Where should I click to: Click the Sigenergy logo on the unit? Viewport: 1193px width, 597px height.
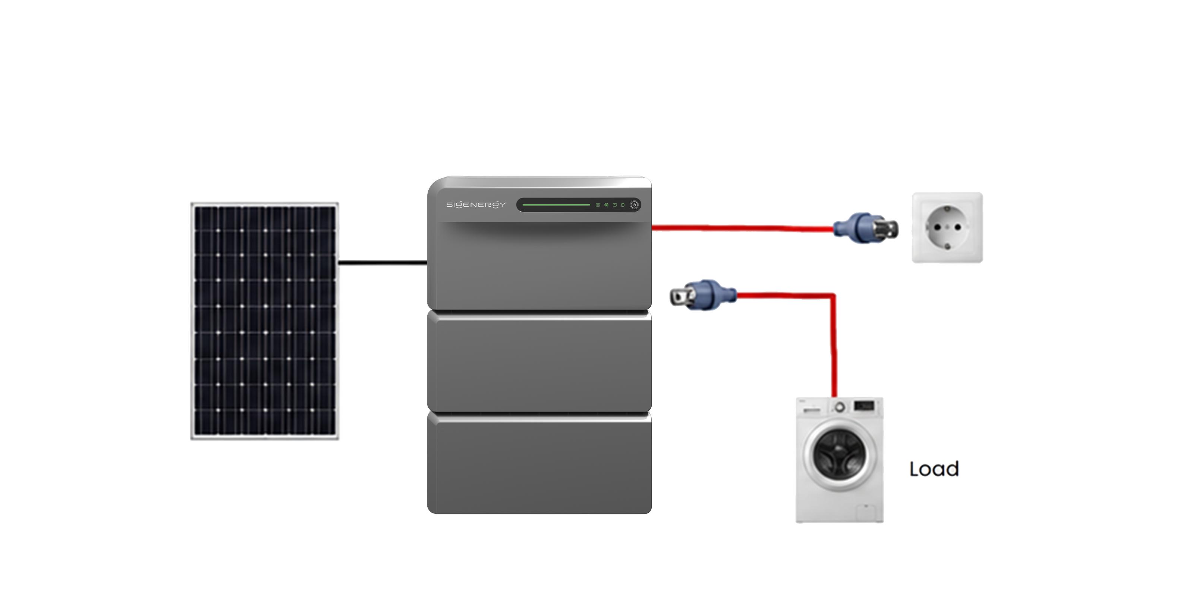coord(476,204)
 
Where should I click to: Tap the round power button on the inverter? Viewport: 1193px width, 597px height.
coord(634,205)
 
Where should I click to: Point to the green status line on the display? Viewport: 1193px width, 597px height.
coord(556,205)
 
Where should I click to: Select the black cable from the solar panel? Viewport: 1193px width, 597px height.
coord(383,263)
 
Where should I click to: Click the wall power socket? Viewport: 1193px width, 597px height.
coord(947,228)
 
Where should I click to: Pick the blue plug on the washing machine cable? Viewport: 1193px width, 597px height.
coord(703,295)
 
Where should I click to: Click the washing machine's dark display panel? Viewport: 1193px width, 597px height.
coord(864,406)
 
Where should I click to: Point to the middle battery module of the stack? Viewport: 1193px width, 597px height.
coord(539,361)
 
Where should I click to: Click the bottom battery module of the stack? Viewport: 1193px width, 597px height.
coord(539,463)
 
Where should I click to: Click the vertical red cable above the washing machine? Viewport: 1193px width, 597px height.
coord(834,345)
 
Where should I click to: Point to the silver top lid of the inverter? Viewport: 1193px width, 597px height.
coord(539,182)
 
